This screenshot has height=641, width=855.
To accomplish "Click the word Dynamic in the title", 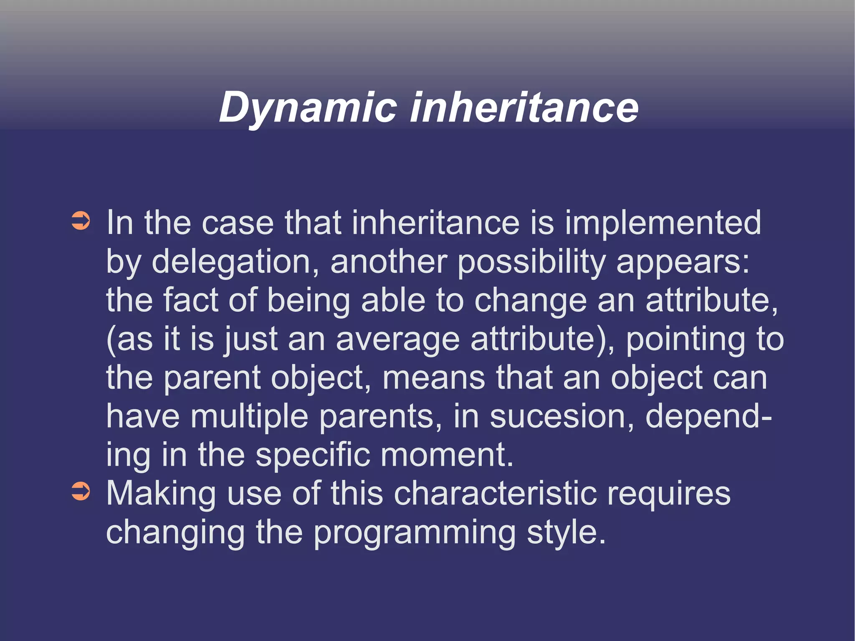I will (x=308, y=108).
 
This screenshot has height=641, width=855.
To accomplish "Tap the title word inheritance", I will (x=524, y=108).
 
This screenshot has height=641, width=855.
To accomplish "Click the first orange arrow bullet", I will (x=81, y=221).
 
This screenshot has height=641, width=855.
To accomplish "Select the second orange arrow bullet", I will (x=81, y=491).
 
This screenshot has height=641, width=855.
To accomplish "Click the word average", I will (x=397, y=339).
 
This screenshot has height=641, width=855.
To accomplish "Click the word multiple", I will (x=249, y=416).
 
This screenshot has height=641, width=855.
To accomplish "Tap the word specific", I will (x=313, y=455).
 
